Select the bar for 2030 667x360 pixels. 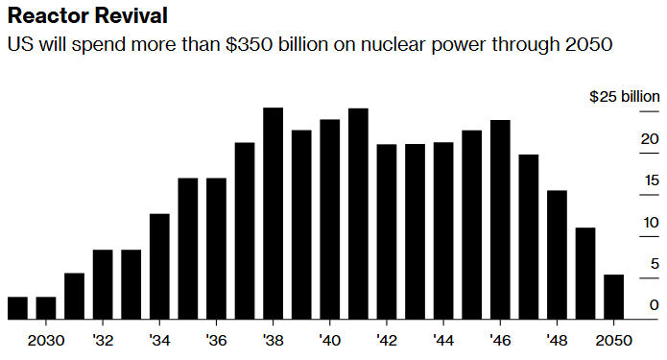pyautogui.click(x=46, y=307)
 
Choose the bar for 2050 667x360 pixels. pyautogui.click(x=613, y=297)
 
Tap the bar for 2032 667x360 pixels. pyautogui.click(x=103, y=284)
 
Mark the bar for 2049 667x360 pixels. pyautogui.click(x=585, y=273)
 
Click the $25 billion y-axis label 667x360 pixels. pyautogui.click(x=624, y=97)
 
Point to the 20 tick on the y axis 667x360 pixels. pyautogui.click(x=650, y=139)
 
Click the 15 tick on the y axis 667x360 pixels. pyautogui.click(x=651, y=180)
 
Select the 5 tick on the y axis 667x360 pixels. pyautogui.click(x=654, y=264)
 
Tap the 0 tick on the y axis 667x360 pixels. pyautogui.click(x=654, y=305)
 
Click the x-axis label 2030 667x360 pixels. pyautogui.click(x=46, y=340)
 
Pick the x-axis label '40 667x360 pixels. pyautogui.click(x=330, y=340)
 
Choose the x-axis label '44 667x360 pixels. pyautogui.click(x=443, y=340)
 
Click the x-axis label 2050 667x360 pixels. pyautogui.click(x=613, y=340)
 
